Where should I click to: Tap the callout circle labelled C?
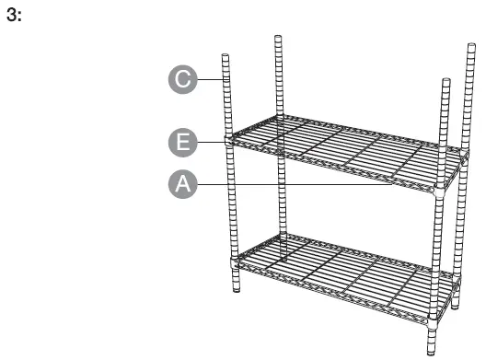point(184,79)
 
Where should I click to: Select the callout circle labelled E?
point(184,142)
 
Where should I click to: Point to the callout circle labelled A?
point(184,183)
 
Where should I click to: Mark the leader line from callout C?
point(211,79)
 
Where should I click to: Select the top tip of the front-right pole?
point(445,83)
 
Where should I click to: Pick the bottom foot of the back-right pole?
point(455,305)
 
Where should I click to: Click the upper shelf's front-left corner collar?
point(228,142)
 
